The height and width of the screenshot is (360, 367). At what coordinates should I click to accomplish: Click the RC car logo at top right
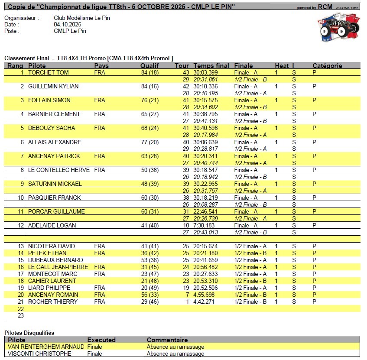(x=339, y=29)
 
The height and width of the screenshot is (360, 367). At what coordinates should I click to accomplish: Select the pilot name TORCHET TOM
(x=49, y=72)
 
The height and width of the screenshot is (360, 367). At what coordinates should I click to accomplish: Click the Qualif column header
(x=149, y=66)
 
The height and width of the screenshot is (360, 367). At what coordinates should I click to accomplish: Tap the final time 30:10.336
(x=205, y=86)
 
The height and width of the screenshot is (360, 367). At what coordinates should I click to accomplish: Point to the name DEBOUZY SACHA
(x=52, y=128)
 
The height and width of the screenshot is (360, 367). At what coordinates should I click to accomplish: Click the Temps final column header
(x=211, y=66)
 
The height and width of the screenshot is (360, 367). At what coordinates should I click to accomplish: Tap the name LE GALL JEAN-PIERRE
(x=58, y=267)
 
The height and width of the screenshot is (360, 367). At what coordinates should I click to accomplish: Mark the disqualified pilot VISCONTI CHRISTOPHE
(x=39, y=354)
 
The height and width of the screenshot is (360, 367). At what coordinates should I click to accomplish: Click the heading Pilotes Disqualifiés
(x=29, y=333)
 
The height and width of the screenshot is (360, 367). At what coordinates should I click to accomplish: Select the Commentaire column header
(x=167, y=340)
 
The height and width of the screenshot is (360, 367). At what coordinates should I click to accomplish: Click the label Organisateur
(x=21, y=18)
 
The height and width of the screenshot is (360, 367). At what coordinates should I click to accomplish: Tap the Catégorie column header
(x=327, y=66)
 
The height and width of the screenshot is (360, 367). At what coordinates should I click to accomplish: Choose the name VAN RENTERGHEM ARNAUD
(x=46, y=347)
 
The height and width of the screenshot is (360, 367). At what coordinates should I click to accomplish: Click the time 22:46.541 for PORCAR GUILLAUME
(x=205, y=211)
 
